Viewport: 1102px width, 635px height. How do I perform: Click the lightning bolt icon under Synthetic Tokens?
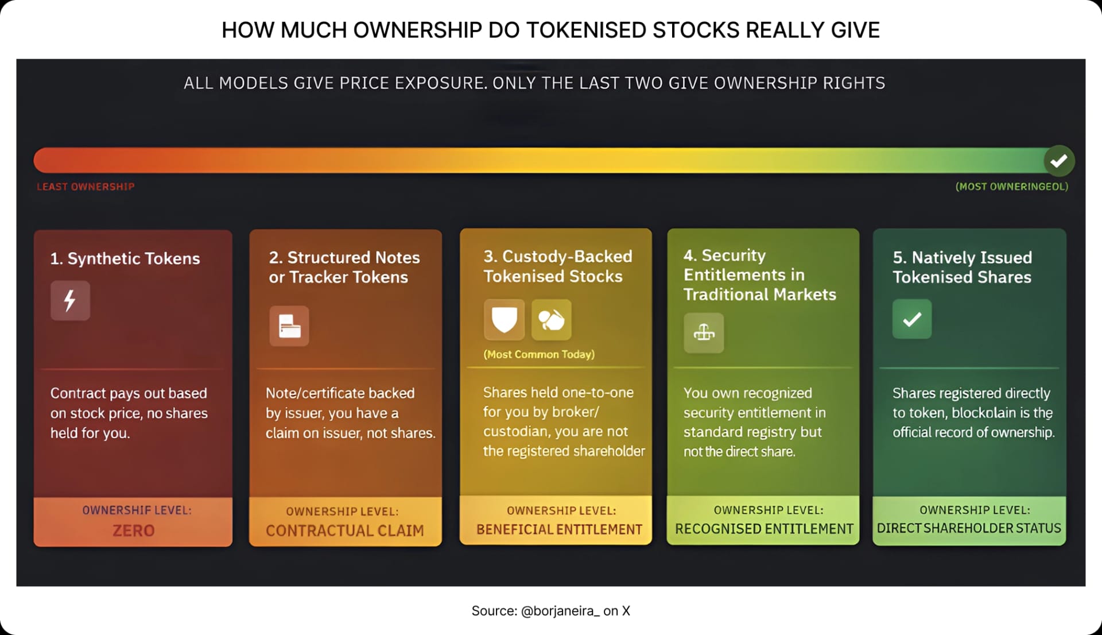[x=70, y=300]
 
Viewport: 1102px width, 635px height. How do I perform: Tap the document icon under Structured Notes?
[x=289, y=326]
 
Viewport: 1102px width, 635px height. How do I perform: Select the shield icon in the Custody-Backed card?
[x=504, y=320]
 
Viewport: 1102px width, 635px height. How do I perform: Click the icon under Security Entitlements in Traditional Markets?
[x=704, y=333]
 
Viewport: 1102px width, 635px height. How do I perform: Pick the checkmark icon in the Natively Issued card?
[x=912, y=319]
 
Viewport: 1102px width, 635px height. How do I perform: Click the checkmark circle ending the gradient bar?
[x=1059, y=161]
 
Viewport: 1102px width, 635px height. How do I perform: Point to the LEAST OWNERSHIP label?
[x=86, y=187]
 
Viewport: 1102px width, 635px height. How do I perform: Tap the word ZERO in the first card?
[x=133, y=531]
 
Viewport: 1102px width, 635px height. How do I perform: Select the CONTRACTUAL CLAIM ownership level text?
[x=345, y=531]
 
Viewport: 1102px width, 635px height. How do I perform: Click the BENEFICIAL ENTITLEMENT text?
[x=559, y=529]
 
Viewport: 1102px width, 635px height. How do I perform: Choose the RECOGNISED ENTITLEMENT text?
[x=764, y=529]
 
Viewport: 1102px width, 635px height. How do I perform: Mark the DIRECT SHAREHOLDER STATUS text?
[x=969, y=528]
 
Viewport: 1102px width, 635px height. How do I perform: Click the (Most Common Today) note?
[x=539, y=354]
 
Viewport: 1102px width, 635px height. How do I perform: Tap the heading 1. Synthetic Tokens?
[x=125, y=258]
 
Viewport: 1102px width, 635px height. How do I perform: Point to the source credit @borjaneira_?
[x=560, y=611]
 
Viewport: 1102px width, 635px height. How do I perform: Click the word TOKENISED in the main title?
[x=586, y=30]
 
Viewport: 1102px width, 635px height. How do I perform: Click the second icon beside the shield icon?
[x=552, y=320]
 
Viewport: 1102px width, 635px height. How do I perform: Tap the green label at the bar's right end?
[x=1011, y=187]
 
